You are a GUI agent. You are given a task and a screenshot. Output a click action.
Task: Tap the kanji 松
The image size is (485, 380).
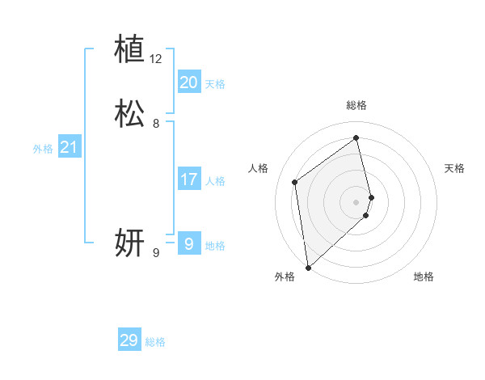(129, 114)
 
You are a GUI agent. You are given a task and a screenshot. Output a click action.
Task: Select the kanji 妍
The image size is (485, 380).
(129, 242)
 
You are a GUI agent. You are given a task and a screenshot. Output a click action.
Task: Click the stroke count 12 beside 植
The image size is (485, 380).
(155, 59)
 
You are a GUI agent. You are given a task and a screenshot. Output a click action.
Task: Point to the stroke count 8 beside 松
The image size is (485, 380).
(156, 125)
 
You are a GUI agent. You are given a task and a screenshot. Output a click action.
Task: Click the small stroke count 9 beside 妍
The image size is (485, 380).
(156, 253)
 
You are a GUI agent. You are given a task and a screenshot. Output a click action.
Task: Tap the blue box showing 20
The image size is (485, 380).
(188, 82)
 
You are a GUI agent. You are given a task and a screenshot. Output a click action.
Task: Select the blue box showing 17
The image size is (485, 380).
(188, 179)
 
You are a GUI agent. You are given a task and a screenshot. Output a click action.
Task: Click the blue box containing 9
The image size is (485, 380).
(188, 243)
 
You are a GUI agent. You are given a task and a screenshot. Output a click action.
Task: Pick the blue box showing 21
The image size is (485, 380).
(70, 147)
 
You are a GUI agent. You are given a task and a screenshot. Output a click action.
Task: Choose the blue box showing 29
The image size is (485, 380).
(129, 340)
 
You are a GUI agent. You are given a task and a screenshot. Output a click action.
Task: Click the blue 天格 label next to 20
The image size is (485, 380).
(215, 84)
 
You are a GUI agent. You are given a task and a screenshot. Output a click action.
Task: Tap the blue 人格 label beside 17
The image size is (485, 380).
(215, 181)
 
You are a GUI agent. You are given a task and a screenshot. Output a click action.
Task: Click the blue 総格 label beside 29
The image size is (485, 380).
(155, 342)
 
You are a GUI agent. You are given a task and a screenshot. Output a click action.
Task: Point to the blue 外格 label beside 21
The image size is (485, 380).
(43, 149)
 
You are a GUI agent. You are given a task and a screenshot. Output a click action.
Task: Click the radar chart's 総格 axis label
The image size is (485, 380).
(356, 105)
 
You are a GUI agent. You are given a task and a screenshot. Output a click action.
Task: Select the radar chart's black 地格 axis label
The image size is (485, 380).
(424, 277)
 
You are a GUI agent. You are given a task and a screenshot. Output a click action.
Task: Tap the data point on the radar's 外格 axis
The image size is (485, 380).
(308, 267)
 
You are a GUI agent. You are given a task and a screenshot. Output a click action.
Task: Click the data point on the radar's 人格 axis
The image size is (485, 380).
(295, 182)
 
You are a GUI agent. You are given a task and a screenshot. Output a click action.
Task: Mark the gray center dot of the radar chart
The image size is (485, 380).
(356, 201)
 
